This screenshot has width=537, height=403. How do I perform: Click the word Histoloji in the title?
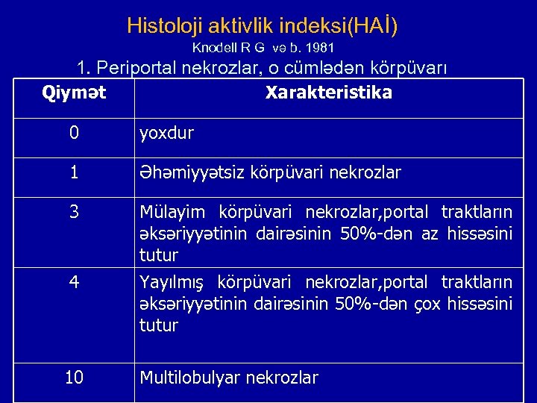tap(159, 26)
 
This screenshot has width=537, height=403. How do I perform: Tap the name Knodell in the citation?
tap(216, 48)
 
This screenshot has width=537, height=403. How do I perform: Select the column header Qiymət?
tap(74, 93)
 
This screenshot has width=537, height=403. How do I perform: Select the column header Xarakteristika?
tap(329, 93)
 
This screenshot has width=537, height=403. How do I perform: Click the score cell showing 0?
tap(74, 134)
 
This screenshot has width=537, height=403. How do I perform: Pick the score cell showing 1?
tap(74, 173)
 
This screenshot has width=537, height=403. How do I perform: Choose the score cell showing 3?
tap(74, 213)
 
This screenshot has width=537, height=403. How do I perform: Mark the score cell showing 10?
tap(74, 378)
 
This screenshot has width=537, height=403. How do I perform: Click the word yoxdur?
tap(167, 134)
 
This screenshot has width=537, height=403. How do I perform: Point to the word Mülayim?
tap(170, 213)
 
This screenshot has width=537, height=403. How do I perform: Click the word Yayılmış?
tap(172, 283)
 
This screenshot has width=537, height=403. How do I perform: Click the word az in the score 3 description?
tap(430, 234)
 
